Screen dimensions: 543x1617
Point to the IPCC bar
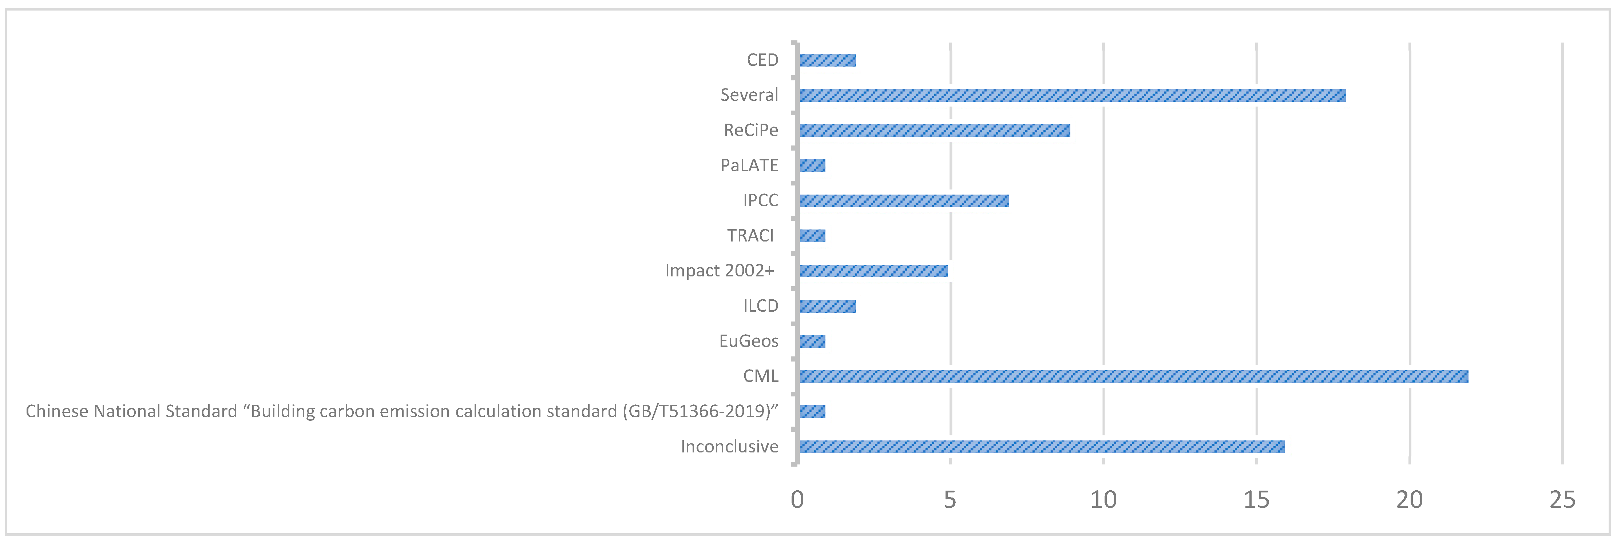pyautogui.click(x=904, y=201)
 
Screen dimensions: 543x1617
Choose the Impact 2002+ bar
pyautogui.click(x=873, y=271)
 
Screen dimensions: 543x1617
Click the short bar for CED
pyautogui.click(x=827, y=60)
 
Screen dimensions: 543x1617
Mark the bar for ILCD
pyautogui.click(x=827, y=306)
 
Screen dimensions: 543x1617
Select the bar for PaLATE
pyautogui.click(x=812, y=165)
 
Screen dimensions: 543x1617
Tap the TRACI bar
pyautogui.click(x=812, y=236)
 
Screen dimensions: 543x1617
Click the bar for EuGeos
pyautogui.click(x=812, y=341)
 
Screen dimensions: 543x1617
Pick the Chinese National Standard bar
pyautogui.click(x=812, y=411)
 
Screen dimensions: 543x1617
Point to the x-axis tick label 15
pyautogui.click(x=1256, y=500)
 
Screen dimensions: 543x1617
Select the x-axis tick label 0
pyautogui.click(x=797, y=500)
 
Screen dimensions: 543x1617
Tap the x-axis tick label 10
pyautogui.click(x=1103, y=500)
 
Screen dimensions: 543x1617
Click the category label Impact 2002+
pyautogui.click(x=720, y=271)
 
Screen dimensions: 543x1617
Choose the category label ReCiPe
pyautogui.click(x=751, y=131)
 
